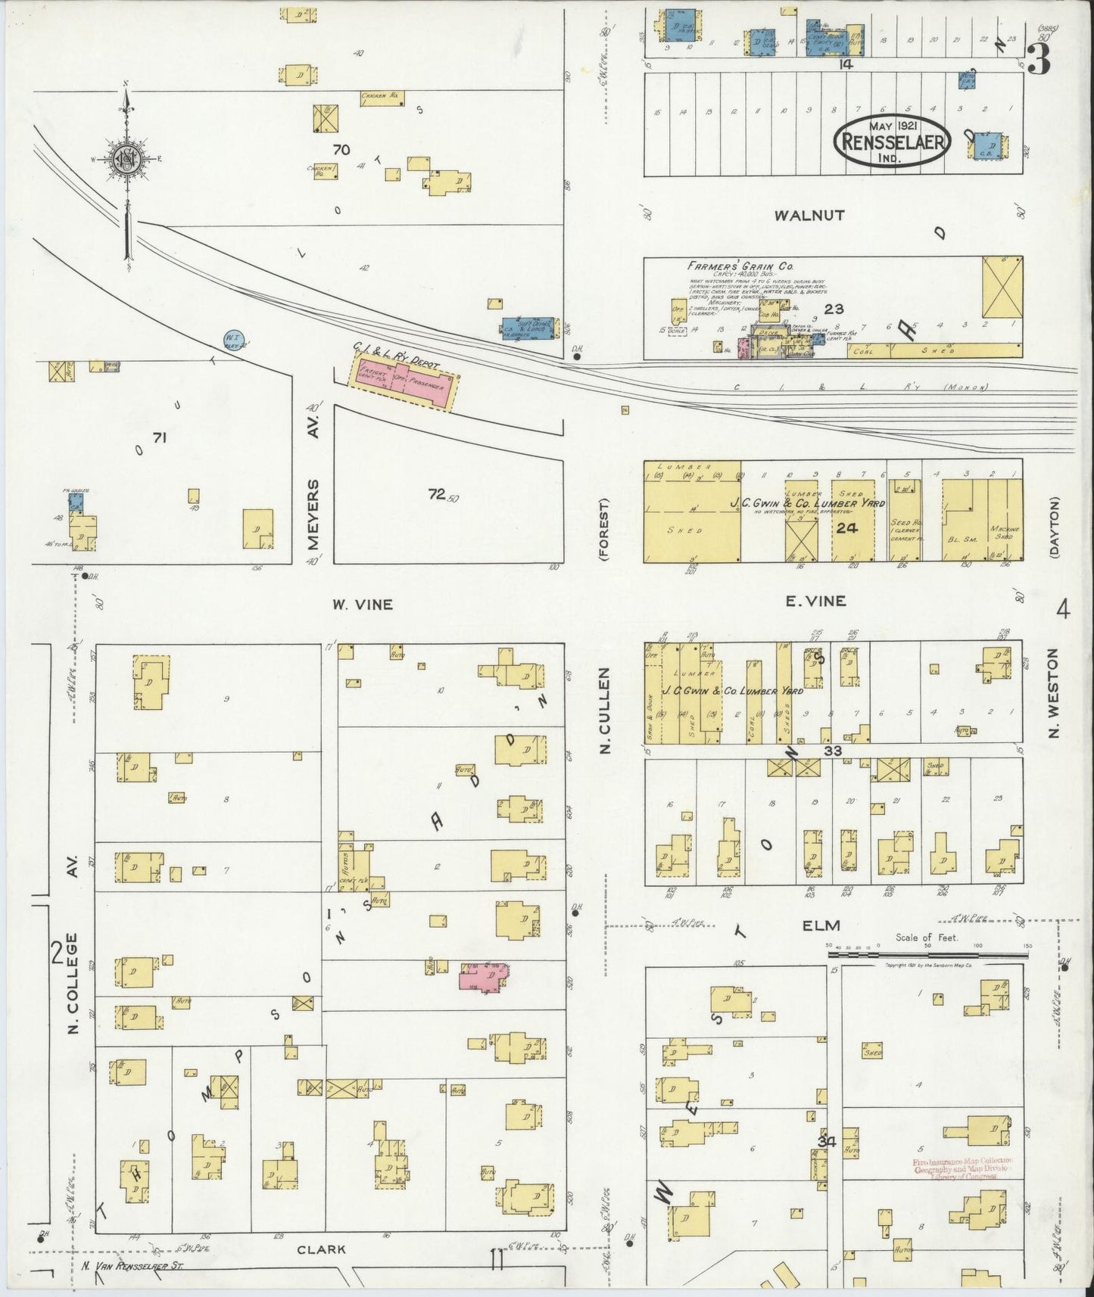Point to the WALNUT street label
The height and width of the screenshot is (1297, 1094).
click(809, 216)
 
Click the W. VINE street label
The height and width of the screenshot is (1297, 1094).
click(362, 604)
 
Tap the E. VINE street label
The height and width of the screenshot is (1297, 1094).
click(815, 601)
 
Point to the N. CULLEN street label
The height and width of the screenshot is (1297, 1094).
click(605, 711)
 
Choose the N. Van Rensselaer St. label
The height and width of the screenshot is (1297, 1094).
click(132, 1264)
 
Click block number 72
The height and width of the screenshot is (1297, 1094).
click(436, 494)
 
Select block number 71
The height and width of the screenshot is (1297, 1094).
click(159, 437)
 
